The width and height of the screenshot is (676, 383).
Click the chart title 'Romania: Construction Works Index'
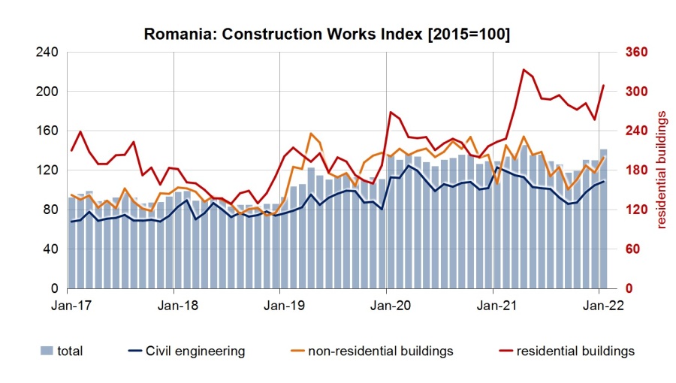pos(327,35)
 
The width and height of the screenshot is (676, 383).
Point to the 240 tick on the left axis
pos(47,53)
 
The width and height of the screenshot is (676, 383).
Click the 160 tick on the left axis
pos(47,131)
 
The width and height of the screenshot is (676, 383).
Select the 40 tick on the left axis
pos(50,249)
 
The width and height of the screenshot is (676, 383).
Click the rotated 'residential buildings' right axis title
pos(662,170)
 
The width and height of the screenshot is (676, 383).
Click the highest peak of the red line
pos(523,69)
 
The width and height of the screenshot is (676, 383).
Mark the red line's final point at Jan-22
pos(603,85)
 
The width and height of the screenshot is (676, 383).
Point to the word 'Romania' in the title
pos(174,35)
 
